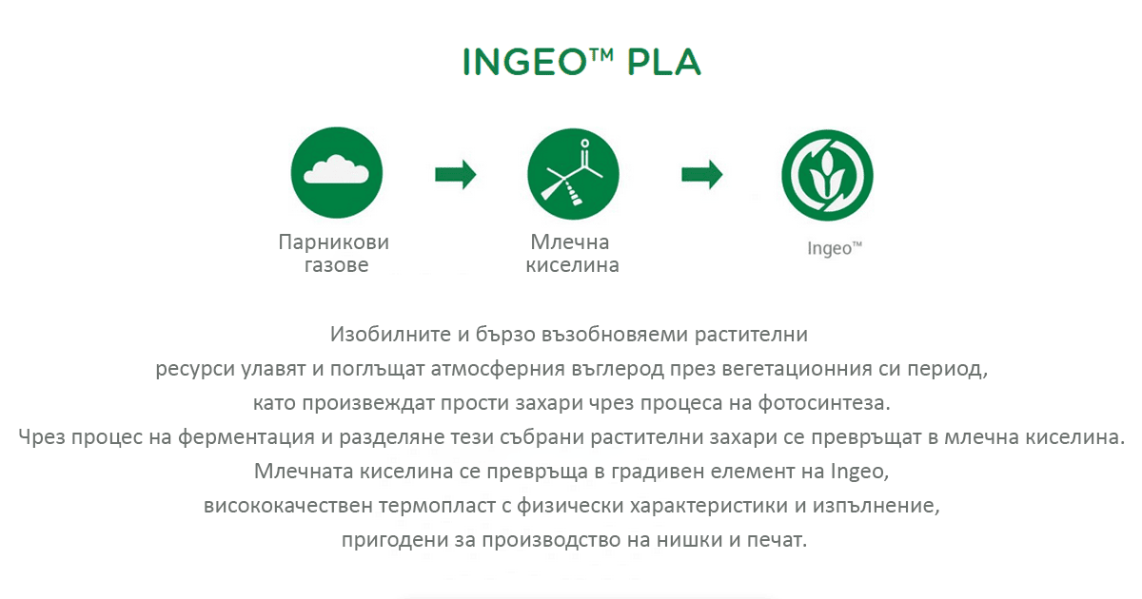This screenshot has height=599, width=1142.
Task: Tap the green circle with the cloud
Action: coord(337,173)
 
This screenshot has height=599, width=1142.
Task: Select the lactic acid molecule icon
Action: coord(573,174)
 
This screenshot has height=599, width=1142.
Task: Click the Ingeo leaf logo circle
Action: coord(827,175)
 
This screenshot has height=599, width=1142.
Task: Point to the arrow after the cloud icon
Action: coord(455,174)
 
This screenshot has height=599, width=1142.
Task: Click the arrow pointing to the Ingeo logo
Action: coord(702,174)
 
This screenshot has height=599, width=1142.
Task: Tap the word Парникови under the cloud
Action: coord(334,242)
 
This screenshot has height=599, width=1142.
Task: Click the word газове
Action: coord(337,265)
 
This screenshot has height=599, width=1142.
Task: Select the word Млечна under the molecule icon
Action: coord(570,242)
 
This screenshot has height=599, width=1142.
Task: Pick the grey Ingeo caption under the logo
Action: coord(835,248)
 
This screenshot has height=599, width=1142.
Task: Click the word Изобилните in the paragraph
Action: coord(391,335)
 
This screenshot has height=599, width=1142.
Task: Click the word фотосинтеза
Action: coord(824,403)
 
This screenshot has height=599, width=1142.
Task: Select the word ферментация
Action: coord(246,437)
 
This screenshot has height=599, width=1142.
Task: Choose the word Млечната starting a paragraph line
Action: coord(304,472)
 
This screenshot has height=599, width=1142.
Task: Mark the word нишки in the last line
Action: coord(688,540)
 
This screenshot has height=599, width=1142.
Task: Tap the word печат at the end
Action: coord(777,540)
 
